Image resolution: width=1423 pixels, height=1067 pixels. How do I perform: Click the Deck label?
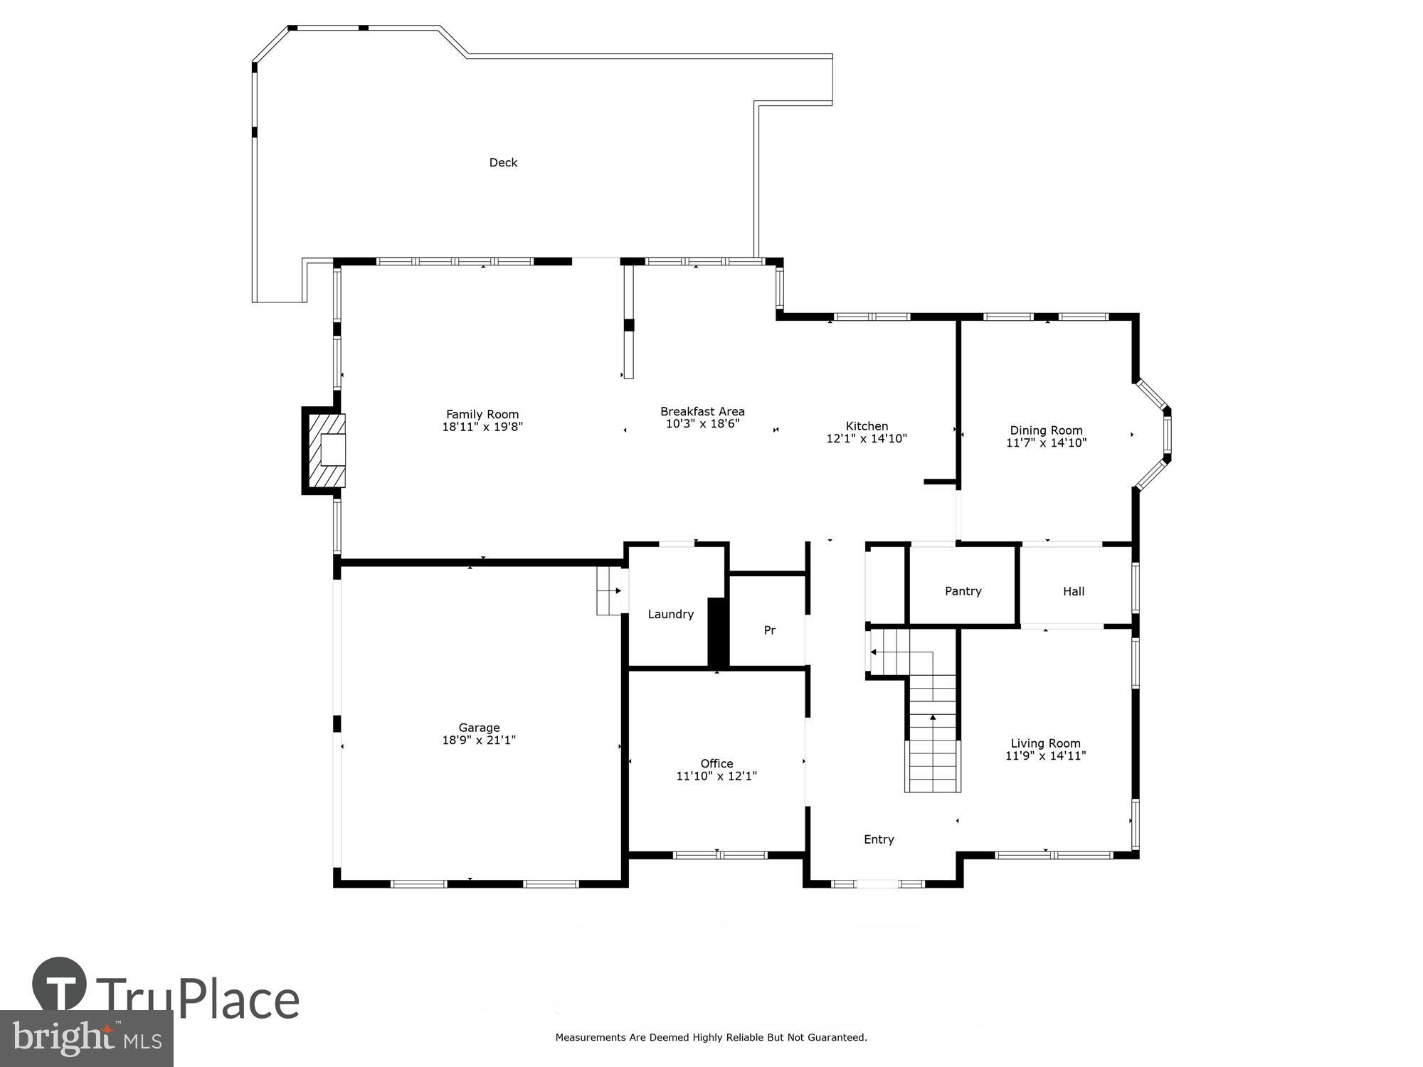pyautogui.click(x=503, y=163)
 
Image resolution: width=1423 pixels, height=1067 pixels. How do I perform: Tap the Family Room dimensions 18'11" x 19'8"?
pyautogui.click(x=482, y=428)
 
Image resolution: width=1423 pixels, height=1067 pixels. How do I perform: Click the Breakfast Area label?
pyautogui.click(x=702, y=411)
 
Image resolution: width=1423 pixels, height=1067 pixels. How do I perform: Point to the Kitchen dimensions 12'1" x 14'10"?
pyautogui.click(x=866, y=439)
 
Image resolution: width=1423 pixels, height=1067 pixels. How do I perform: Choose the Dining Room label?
pyautogui.click(x=1046, y=430)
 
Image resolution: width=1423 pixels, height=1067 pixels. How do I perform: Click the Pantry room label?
pyautogui.click(x=963, y=591)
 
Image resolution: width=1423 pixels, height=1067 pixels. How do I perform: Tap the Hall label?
pyautogui.click(x=1073, y=591)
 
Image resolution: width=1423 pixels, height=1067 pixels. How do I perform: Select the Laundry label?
pyautogui.click(x=670, y=614)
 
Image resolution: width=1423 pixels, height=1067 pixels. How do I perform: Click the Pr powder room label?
pyautogui.click(x=769, y=630)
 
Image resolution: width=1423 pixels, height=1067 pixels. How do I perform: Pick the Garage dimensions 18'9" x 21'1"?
pyautogui.click(x=479, y=740)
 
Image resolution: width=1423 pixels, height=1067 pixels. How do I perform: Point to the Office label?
pyautogui.click(x=716, y=763)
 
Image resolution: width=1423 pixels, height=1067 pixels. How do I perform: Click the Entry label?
pyautogui.click(x=879, y=839)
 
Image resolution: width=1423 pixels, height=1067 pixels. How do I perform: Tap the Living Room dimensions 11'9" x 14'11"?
pyautogui.click(x=1045, y=755)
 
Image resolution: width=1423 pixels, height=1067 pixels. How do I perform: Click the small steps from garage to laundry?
pyautogui.click(x=608, y=590)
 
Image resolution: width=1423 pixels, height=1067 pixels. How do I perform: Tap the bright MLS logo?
pyautogui.click(x=86, y=1039)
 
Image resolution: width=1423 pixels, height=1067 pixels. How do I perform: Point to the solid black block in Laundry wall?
pyautogui.click(x=718, y=632)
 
